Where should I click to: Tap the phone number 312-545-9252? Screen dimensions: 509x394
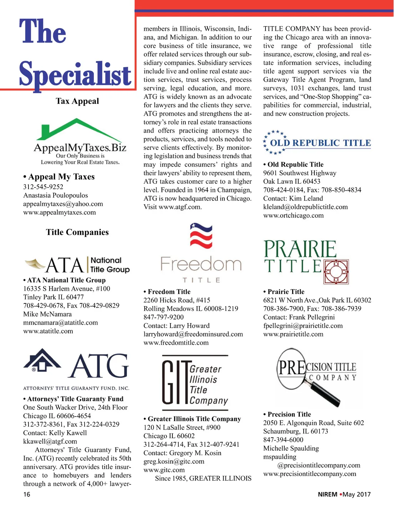43,187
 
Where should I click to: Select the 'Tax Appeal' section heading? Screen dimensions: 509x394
77,101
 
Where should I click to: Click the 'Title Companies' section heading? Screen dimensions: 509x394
77,232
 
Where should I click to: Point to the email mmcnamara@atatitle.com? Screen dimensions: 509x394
60,323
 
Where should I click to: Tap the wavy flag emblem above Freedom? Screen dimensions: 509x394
201,235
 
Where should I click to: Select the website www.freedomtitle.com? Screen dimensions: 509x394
176,343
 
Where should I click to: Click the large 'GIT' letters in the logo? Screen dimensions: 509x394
175,383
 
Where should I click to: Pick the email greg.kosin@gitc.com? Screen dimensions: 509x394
174,461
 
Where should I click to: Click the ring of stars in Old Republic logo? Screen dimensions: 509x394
274,142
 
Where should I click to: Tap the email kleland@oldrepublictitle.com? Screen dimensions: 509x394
306,207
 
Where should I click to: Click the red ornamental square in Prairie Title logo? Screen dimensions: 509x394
336,272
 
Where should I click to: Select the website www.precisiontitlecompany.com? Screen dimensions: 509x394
310,474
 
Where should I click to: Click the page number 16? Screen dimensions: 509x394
27,494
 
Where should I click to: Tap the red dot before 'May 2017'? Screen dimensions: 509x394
341,494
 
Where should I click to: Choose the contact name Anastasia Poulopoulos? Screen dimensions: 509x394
55,196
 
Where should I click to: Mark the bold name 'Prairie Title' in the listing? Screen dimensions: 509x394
286,292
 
